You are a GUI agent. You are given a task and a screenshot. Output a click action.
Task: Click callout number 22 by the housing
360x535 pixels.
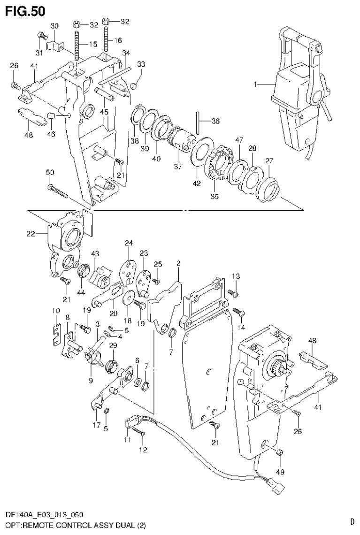point(31,233)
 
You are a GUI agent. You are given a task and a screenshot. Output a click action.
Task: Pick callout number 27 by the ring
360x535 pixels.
point(269,160)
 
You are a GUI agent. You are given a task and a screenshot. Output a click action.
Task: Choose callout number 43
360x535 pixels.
point(95,254)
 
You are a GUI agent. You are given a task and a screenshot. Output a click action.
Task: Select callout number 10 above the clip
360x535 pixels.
point(56,311)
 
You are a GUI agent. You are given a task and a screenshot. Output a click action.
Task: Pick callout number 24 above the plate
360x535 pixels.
point(129,243)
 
